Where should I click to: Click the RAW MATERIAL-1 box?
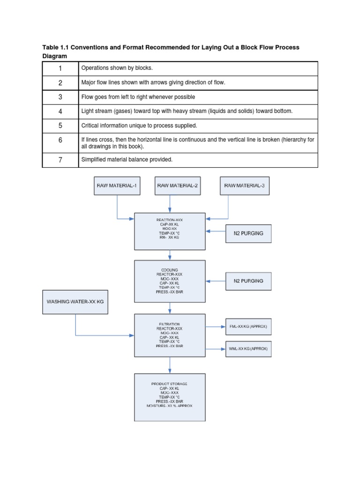coord(117,186)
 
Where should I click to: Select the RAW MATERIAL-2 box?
coord(177,186)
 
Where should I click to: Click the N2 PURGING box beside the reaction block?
coord(248,233)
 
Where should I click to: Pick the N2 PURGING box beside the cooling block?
coord(248,281)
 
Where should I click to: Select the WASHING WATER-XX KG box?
coord(75,302)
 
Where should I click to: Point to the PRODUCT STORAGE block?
coord(170,397)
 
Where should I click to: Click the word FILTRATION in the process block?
coord(170,324)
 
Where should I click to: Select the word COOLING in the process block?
coord(170,270)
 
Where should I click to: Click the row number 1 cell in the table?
coord(60,68)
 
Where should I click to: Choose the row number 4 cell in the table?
coord(60,112)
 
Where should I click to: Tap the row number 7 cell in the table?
coord(60,160)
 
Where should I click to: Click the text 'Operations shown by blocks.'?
coord(117,68)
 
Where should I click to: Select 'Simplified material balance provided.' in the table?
coord(127,160)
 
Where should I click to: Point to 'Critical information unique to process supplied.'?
coord(139,126)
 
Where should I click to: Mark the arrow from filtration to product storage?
coord(170,367)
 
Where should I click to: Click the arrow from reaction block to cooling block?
coord(170,255)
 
